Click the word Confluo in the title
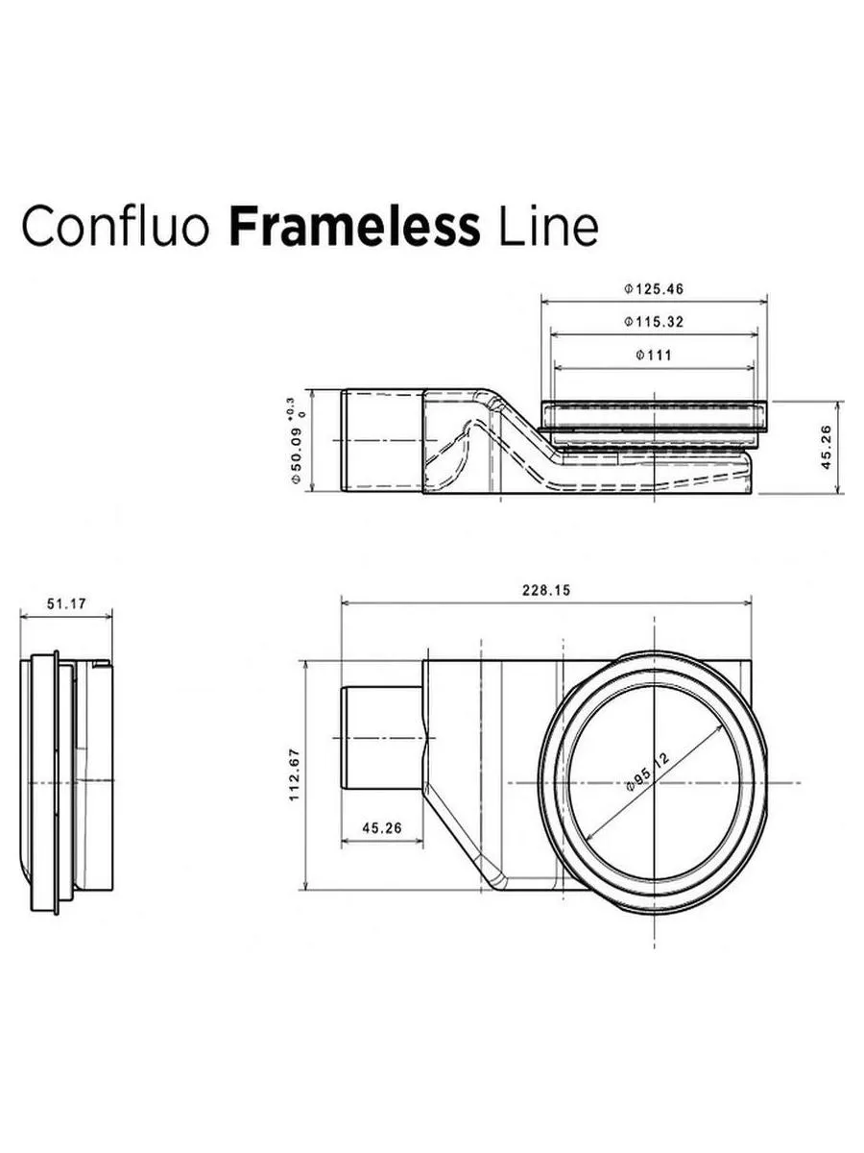[x=117, y=227]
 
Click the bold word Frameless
[x=354, y=227]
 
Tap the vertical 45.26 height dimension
[x=828, y=448]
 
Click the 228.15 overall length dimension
[x=546, y=591]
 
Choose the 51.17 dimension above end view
[x=66, y=603]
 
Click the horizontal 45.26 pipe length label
[x=382, y=828]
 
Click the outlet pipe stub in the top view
[x=381, y=737]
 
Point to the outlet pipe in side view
[x=381, y=441]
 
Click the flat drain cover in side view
[x=655, y=413]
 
